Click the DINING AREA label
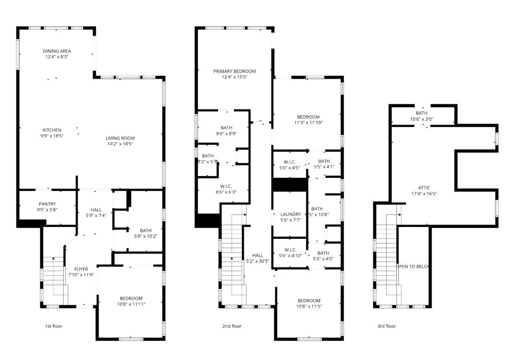point(57,51)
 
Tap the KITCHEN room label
point(52,130)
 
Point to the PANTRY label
point(47,204)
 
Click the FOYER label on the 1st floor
point(81,269)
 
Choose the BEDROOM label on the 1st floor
point(131,298)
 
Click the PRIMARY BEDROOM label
point(234,71)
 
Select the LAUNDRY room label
point(290,214)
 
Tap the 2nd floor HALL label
point(257,255)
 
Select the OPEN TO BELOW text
point(413,266)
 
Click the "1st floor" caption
point(53,326)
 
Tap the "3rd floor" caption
point(387,326)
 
